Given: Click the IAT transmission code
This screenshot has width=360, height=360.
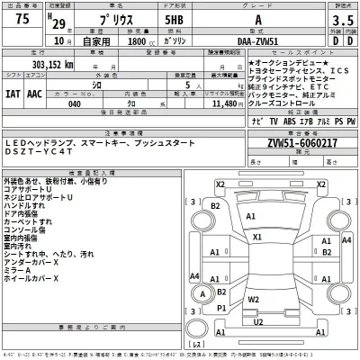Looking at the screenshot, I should click(12, 92).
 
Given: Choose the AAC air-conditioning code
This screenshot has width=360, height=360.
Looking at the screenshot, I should click(34, 92).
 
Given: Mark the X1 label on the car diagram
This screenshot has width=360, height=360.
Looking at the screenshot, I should click(257, 237).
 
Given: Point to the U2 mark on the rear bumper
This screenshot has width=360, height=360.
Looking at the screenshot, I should click(258, 320).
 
